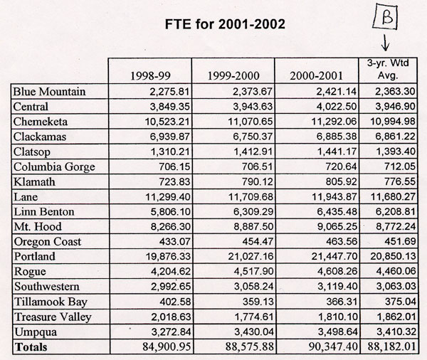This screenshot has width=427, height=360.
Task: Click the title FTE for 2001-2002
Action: tap(225, 24)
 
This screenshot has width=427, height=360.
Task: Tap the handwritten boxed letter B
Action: tap(385, 17)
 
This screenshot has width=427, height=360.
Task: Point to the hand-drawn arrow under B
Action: tap(385, 42)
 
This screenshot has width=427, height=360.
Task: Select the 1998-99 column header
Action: tap(150, 75)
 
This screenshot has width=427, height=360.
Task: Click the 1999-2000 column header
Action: tap(233, 75)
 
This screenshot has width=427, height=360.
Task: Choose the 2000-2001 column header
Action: tap(316, 75)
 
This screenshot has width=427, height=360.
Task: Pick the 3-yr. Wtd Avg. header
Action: tap(388, 69)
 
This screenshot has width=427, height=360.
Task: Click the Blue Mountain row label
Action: tap(49, 92)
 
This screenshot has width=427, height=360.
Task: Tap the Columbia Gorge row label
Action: tap(54, 167)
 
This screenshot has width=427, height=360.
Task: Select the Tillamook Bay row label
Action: tap(51, 302)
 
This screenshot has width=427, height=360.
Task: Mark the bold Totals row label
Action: tap(31, 347)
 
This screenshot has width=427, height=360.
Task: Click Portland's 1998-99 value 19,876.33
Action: tap(168, 257)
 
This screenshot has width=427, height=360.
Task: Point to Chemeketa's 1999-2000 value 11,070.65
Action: tap(251, 122)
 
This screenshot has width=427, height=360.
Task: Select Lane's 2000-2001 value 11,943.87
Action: tap(334, 196)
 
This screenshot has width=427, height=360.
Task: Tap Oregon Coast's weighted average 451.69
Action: tap(400, 242)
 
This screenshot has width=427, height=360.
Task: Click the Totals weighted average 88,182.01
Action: tap(392, 346)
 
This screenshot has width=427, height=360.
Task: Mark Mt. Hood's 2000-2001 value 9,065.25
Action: tap(337, 226)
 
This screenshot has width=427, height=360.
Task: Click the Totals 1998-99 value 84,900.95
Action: tap(167, 346)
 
